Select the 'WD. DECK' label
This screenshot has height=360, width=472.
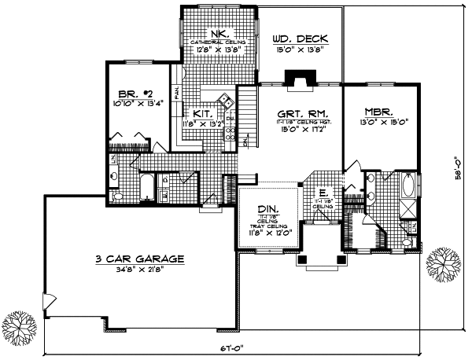tap(300, 39)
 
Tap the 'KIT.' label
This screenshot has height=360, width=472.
tap(202, 112)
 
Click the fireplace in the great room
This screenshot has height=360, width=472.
tap(299, 78)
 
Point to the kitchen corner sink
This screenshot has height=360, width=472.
tap(223, 100)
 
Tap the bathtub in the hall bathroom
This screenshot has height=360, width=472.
tap(147, 190)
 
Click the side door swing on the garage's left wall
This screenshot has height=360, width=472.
tap(50, 300)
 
